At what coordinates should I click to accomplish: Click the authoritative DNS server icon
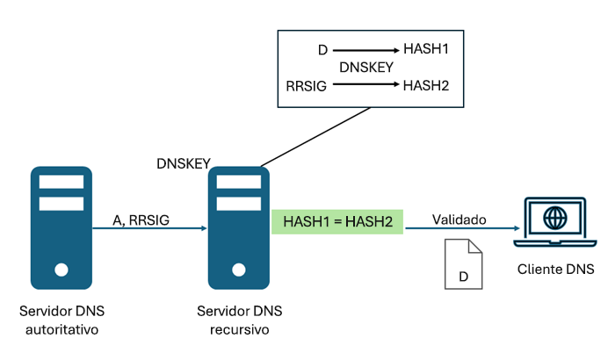coord(61,227)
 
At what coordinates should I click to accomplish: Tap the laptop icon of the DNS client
coord(553,223)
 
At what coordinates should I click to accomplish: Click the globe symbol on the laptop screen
coord(553,217)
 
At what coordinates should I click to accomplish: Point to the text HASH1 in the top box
coord(426,49)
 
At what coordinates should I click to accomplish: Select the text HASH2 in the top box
coord(426,85)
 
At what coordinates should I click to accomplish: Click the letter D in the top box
coord(322,50)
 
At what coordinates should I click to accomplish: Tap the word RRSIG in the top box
coord(306,85)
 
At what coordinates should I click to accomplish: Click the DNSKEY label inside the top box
coord(366,67)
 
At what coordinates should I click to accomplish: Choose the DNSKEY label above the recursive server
coord(183,163)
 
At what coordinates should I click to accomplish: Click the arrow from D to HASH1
coord(366,50)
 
